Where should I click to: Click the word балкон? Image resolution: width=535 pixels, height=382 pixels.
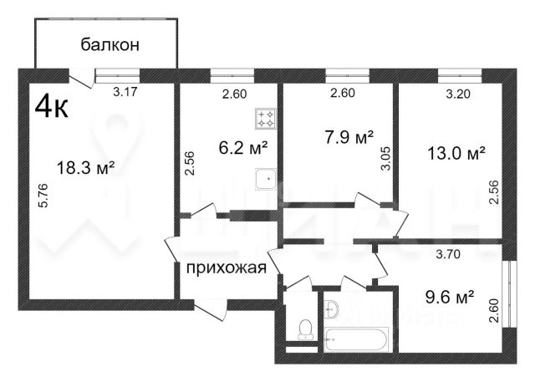110,44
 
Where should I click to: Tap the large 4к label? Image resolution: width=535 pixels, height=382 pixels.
52,106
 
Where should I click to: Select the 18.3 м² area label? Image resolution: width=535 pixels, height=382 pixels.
85,168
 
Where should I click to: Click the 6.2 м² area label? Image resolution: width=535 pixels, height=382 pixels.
243,148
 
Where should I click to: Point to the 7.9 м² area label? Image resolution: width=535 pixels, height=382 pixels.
349,138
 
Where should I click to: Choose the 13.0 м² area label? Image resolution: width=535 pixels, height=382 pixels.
456,153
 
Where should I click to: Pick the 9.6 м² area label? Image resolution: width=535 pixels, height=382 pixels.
450,297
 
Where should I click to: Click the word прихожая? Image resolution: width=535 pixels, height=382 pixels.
227,267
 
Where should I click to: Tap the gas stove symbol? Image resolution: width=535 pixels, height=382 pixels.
266,119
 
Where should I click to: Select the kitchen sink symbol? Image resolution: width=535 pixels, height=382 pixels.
266,179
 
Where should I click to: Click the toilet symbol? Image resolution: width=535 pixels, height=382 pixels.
305,329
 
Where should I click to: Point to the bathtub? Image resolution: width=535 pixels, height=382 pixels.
357,340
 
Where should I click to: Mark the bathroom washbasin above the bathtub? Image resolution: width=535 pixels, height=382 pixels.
331,309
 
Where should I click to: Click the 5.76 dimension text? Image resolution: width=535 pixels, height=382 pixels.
44,196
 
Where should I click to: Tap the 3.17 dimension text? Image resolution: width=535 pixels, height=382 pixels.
125,92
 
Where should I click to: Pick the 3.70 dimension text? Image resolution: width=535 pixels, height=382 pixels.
449,254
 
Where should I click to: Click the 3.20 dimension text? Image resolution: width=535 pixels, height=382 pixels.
458,94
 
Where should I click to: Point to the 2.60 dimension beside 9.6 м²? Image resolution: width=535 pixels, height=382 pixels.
494,310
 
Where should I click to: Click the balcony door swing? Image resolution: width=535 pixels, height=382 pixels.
82,79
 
